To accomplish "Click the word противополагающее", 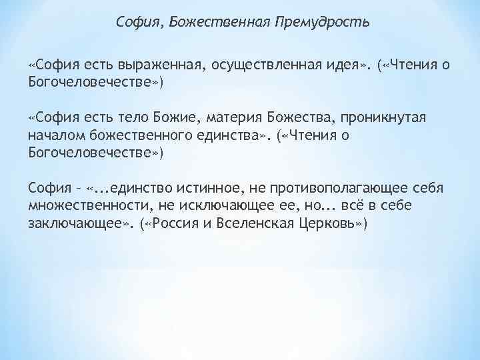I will coord(324,187).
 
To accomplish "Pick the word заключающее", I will coord(74,222).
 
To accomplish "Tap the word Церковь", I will coord(325,222).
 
